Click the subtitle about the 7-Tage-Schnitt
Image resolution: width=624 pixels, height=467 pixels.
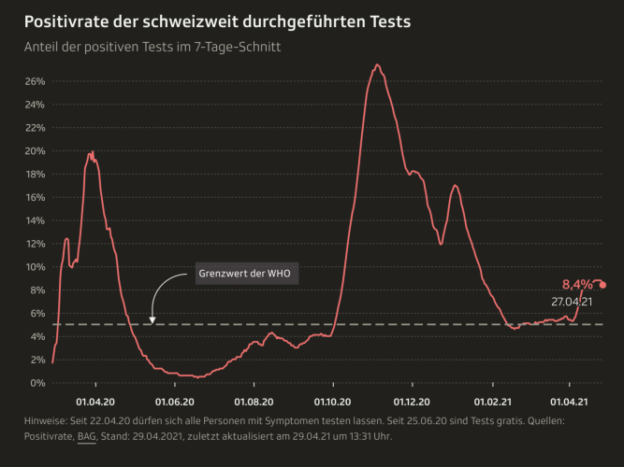(x=152, y=45)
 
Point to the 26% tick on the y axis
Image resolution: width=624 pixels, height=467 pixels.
(x=35, y=81)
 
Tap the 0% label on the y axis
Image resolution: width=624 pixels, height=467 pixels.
(x=37, y=383)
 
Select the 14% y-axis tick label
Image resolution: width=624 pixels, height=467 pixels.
(x=35, y=220)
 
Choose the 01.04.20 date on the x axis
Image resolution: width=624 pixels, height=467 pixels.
(x=94, y=402)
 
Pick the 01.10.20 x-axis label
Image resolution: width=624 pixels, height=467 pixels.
(x=332, y=402)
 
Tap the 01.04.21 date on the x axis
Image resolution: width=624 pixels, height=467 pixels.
(x=570, y=402)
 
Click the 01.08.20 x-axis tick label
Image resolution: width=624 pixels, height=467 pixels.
(x=254, y=402)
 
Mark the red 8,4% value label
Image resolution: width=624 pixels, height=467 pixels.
(x=577, y=284)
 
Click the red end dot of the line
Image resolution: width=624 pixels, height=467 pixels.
(x=602, y=285)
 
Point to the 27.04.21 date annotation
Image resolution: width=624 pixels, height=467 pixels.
(x=572, y=302)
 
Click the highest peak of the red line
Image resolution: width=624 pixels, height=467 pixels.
(x=377, y=65)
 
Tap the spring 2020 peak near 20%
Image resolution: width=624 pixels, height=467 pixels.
(x=91, y=153)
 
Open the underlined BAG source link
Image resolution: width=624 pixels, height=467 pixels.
(x=87, y=436)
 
